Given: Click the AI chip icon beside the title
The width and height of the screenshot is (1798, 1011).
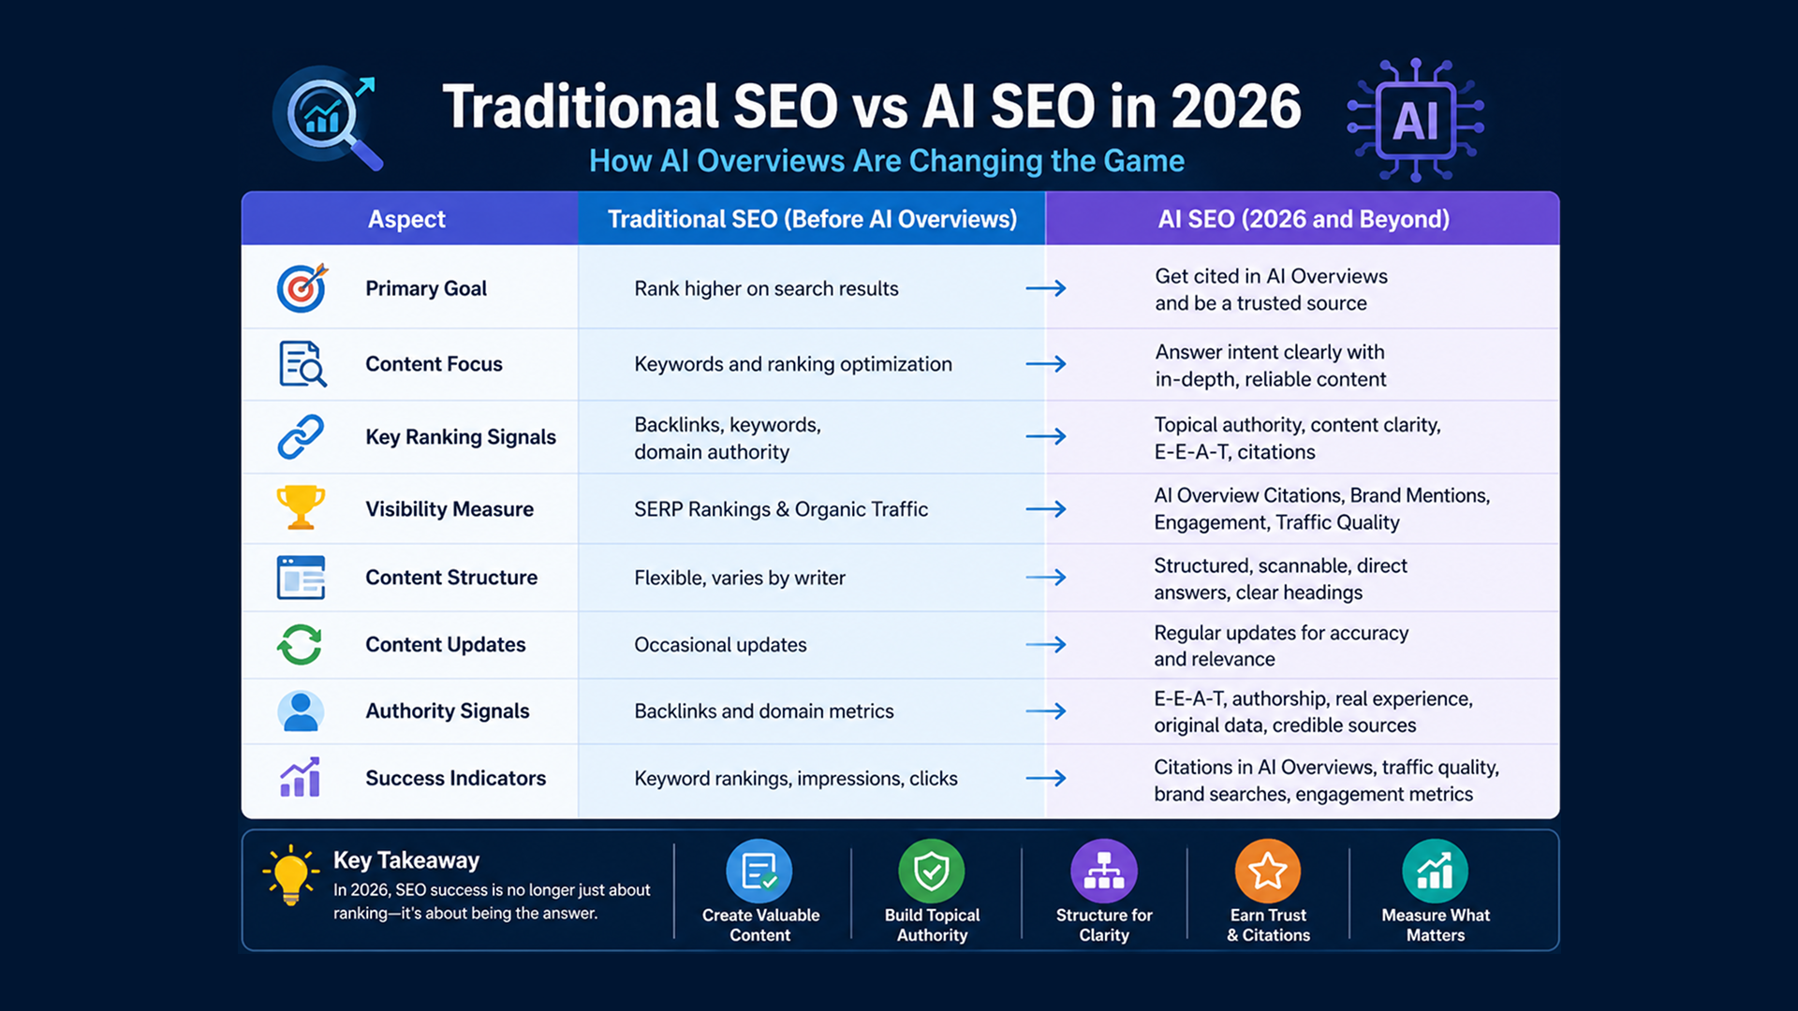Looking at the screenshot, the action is tap(1415, 120).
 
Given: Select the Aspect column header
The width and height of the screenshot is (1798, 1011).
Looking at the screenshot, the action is tap(406, 219).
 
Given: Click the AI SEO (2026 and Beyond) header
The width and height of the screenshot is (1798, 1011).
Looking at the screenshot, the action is tap(1304, 219).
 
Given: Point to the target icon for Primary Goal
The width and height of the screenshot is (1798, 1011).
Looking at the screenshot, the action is tap(302, 287).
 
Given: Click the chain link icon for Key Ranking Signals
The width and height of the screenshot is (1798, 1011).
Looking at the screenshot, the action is tap(301, 436).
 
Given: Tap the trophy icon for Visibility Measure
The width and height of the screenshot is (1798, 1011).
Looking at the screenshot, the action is tap(301, 507).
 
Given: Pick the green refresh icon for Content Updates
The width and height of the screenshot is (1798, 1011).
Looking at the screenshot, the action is tap(300, 644).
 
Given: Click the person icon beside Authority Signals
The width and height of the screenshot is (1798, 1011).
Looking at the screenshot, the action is tap(301, 711).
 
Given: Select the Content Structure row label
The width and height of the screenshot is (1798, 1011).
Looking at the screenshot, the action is tap(451, 578).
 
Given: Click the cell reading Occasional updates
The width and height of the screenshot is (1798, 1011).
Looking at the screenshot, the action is tap(720, 645).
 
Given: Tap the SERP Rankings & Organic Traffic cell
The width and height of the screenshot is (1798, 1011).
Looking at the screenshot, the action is tap(781, 509).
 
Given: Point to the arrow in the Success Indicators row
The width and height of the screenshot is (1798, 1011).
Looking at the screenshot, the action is tap(1046, 778).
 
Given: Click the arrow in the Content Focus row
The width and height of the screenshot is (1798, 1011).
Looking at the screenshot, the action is tap(1046, 363).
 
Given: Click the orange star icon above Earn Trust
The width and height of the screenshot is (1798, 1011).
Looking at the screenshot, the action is tap(1268, 871).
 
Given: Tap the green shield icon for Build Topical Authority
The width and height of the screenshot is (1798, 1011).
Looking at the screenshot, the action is tap(932, 871).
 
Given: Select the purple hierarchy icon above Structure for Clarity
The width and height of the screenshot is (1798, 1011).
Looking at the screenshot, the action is tap(1104, 871).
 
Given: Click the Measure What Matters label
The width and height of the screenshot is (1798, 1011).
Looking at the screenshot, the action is tap(1436, 925).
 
